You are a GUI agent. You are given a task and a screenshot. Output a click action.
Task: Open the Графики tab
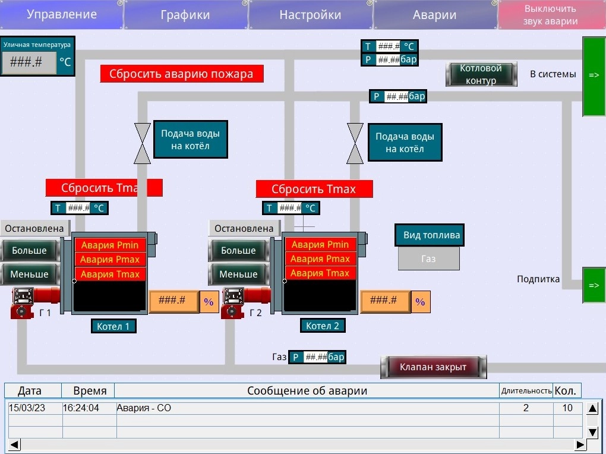coord(185,15)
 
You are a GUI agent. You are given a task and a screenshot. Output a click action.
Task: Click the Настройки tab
coord(310,15)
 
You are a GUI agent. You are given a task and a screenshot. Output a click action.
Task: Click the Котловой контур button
coord(481,74)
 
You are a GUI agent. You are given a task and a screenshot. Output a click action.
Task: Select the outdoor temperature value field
coord(29,62)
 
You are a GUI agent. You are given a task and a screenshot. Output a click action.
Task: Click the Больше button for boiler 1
coord(30,250)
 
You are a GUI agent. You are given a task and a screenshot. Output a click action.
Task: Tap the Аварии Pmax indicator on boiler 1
coord(110,260)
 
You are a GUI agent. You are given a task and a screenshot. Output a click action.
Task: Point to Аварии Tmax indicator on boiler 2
coord(320,273)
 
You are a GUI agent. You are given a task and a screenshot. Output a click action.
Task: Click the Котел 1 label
coord(113,326)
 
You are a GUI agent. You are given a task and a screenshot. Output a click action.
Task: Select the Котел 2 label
coord(323,326)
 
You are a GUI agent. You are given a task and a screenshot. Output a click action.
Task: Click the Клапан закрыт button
coord(433,367)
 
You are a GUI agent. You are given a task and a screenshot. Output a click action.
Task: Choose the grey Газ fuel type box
coord(428,258)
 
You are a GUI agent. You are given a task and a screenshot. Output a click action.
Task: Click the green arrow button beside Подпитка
coord(594,285)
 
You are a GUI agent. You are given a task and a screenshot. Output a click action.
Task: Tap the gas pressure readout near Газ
coord(317,357)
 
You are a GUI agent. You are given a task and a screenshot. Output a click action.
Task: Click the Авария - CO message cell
coord(308,408)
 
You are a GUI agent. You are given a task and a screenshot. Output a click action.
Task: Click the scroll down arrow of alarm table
coord(592,432)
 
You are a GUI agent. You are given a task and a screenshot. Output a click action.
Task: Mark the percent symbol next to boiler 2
coord(420,302)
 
